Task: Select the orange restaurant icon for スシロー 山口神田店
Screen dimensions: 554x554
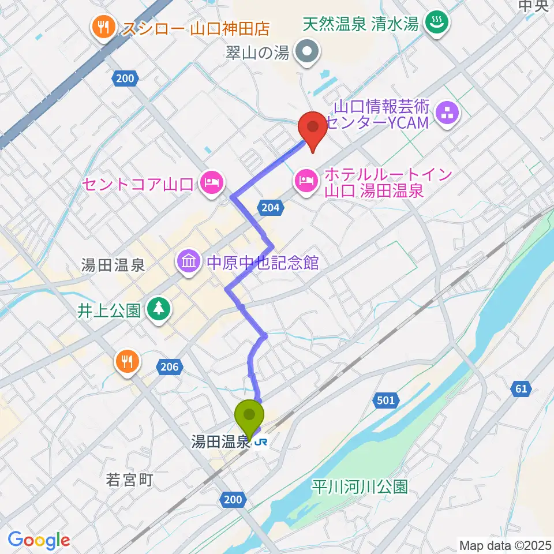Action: [x=104, y=27]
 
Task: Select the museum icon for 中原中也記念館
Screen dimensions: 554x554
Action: [x=189, y=262]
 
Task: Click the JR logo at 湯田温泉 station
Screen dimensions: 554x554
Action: [x=260, y=443]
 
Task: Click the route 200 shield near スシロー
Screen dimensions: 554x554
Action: [x=127, y=78]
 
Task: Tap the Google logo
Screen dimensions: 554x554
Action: [x=39, y=540]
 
